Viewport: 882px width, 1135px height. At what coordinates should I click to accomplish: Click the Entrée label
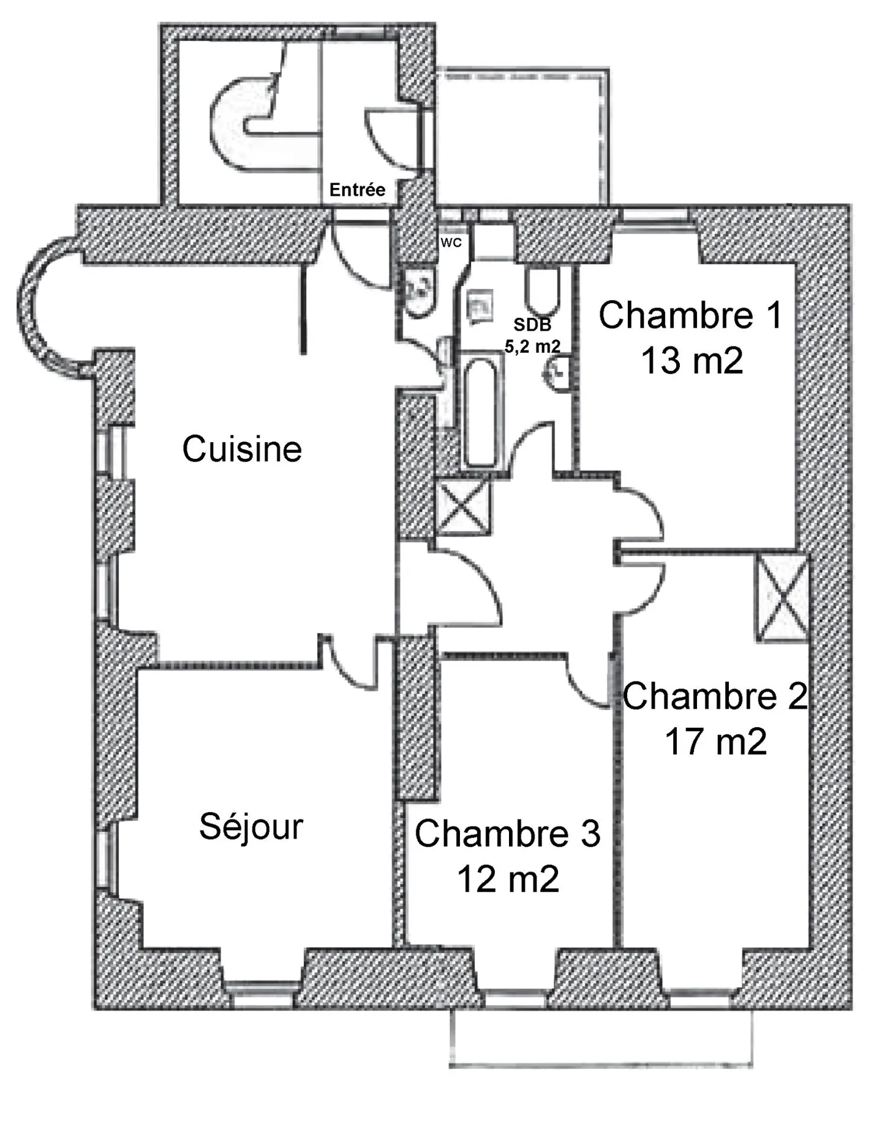pos(357,190)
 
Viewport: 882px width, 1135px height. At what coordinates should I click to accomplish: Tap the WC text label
pos(451,243)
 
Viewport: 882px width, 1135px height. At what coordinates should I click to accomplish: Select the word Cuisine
pos(242,449)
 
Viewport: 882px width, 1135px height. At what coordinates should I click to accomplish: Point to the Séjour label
pos(251,827)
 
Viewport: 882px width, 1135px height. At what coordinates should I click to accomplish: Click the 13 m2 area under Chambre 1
pos(692,360)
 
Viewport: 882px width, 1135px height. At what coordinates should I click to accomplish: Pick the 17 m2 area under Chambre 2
pos(715,742)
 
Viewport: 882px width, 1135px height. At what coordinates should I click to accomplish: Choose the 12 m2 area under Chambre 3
pos(508,880)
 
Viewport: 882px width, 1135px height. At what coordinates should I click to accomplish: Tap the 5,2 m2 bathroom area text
pos(532,346)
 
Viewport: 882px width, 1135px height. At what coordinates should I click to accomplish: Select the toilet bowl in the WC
pos(420,293)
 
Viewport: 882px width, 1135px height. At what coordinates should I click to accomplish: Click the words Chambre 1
pos(690,315)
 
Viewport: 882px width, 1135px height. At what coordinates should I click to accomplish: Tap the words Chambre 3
pos(507,834)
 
